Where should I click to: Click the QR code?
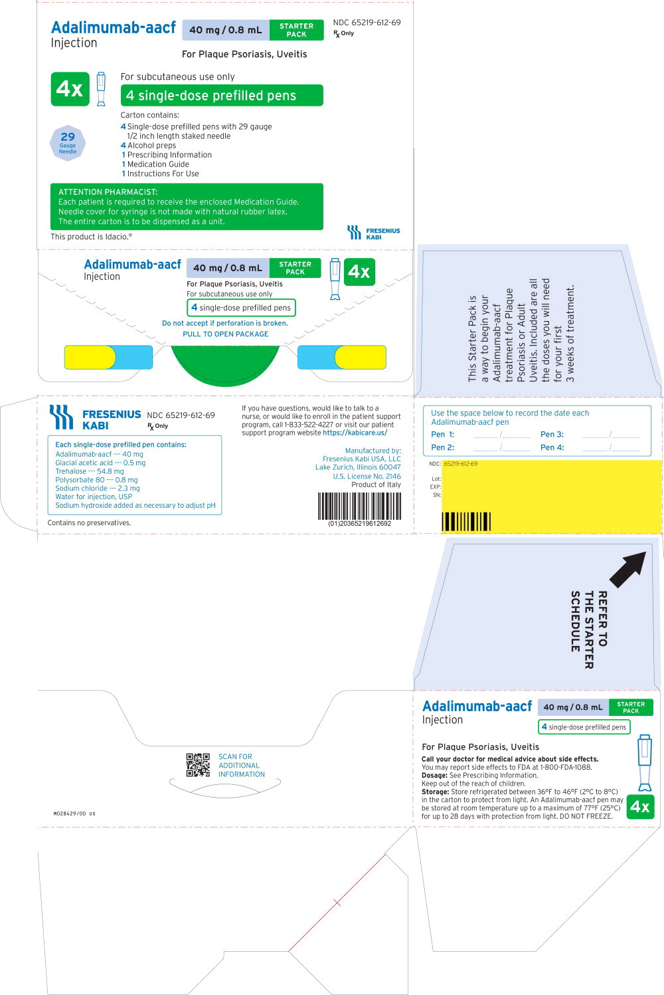(198, 765)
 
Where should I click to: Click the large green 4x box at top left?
(70, 89)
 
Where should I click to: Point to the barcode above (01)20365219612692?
(359, 506)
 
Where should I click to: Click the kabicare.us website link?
(355, 433)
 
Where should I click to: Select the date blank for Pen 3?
(611, 435)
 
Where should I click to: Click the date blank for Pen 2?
(501, 448)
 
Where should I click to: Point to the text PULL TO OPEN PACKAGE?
(226, 334)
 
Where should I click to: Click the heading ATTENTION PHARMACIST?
(108, 192)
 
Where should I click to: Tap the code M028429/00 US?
(74, 814)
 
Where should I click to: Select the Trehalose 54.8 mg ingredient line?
(90, 471)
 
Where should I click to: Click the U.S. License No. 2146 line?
(367, 476)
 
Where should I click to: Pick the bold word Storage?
(436, 792)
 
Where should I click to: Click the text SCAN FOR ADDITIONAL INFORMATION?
(241, 766)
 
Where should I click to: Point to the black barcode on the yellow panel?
(466, 521)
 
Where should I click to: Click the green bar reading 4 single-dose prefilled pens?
(222, 96)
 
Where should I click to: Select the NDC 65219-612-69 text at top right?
(367, 23)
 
